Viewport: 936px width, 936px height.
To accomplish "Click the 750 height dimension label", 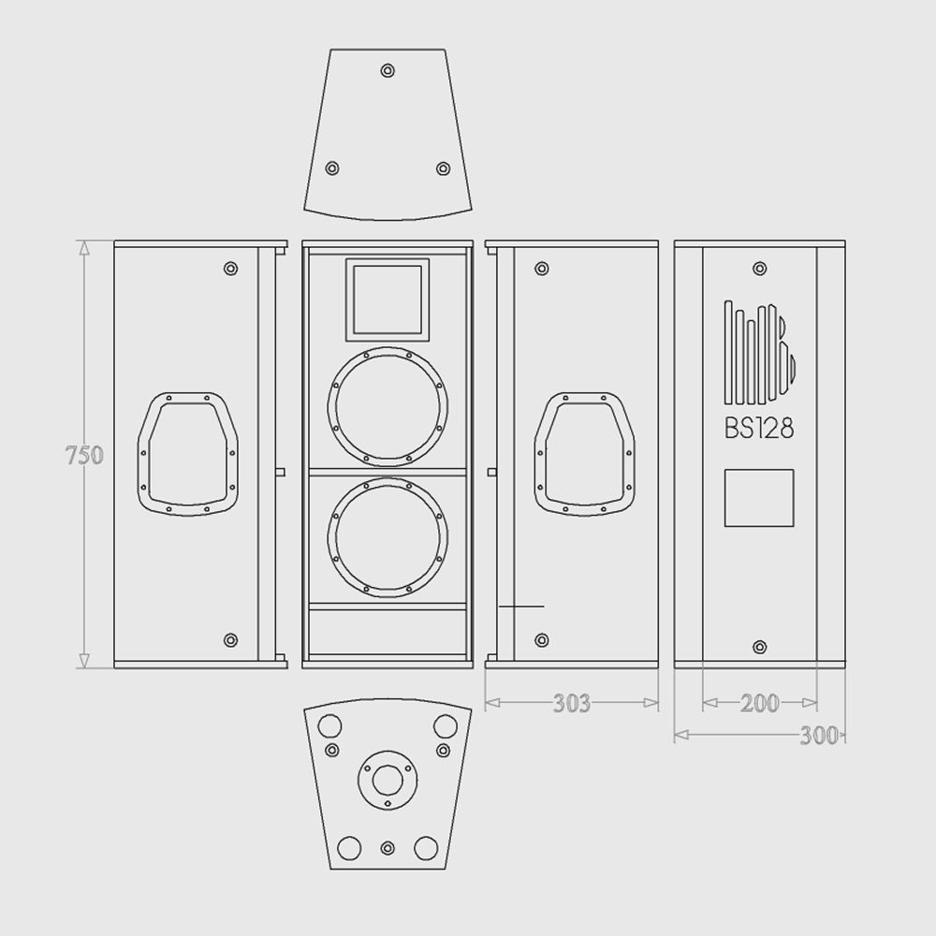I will tap(83, 456).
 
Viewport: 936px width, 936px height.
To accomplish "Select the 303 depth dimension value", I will tap(571, 703).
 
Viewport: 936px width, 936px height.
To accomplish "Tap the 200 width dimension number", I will tap(759, 703).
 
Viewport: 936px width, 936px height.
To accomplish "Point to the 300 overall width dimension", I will tap(819, 736).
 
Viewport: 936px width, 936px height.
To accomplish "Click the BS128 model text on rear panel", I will tap(759, 429).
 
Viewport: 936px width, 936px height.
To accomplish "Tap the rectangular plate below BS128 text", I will tap(759, 498).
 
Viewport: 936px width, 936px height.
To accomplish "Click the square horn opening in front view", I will tap(388, 300).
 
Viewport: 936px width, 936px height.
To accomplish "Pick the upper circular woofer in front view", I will tap(388, 407).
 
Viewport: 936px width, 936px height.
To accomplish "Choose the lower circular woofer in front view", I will tap(388, 538).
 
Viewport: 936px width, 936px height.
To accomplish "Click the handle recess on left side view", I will tap(185, 453).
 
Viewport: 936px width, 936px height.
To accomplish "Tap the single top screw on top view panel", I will tap(388, 71).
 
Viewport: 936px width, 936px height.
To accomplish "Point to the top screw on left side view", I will tap(231, 269).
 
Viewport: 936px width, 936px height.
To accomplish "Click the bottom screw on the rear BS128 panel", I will tap(759, 647).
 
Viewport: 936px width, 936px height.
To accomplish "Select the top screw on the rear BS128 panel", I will tap(759, 270).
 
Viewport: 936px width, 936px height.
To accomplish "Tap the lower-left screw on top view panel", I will tap(330, 168).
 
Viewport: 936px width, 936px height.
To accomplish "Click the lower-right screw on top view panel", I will tap(444, 168).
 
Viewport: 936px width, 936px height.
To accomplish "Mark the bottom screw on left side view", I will tap(231, 640).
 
